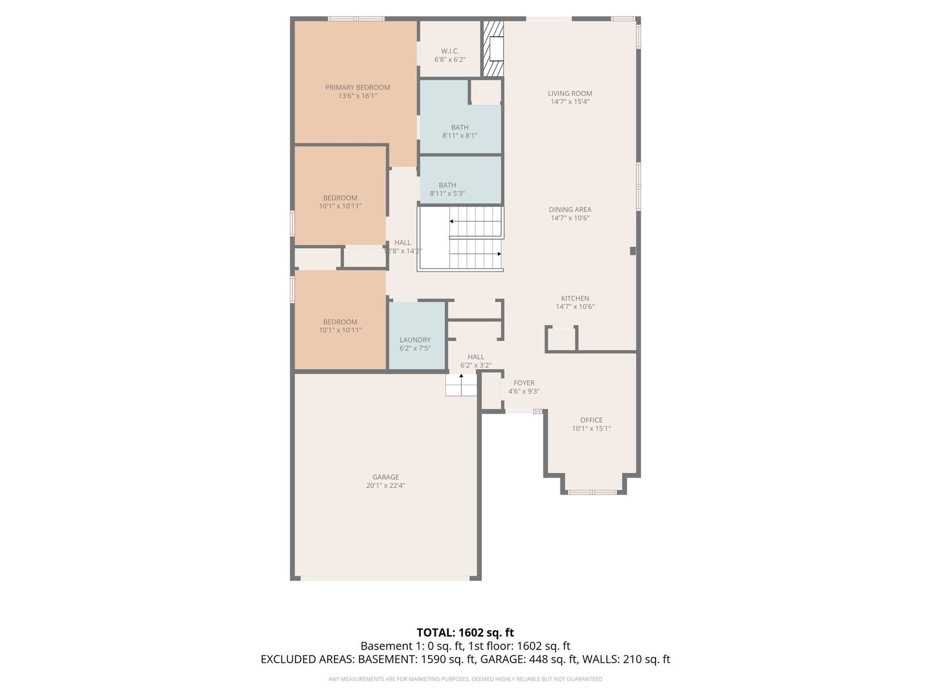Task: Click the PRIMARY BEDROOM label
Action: pos(358,87)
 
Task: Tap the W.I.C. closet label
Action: pos(450,51)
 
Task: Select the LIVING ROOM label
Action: pos(570,93)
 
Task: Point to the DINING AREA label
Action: pos(570,209)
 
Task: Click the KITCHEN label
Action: pos(575,299)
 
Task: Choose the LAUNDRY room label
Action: pos(415,340)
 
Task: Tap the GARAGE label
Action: pos(385,477)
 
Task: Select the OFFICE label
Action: pos(591,420)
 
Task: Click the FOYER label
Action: pos(524,383)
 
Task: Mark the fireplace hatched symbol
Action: pos(493,49)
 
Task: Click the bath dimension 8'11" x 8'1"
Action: pos(460,136)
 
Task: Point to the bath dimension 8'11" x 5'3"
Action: pos(447,194)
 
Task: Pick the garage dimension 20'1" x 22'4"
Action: pos(385,486)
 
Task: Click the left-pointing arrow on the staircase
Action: pos(453,222)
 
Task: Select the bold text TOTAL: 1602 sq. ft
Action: pos(465,632)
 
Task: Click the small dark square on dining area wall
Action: pos(633,251)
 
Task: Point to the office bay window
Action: pos(592,492)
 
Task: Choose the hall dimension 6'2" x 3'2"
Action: pos(476,365)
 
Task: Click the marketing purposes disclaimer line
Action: pos(465,679)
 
